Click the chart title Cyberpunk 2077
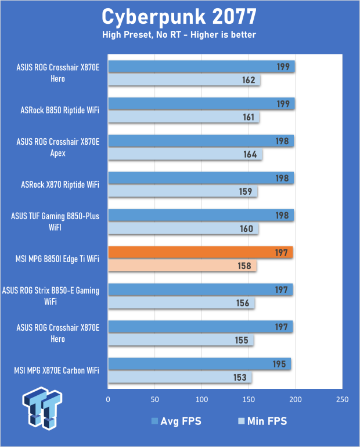(x=179, y=15)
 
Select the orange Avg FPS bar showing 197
(x=200, y=252)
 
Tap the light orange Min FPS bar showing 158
(x=182, y=266)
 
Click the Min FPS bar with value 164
(x=185, y=155)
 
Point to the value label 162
(x=249, y=80)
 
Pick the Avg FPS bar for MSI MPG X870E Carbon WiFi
(x=199, y=364)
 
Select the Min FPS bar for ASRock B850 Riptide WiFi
(x=183, y=117)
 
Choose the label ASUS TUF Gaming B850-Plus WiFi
(x=55, y=222)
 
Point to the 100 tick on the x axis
(x=201, y=400)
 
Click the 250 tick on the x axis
(x=341, y=400)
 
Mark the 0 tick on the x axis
(x=108, y=400)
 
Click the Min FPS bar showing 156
(x=181, y=303)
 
